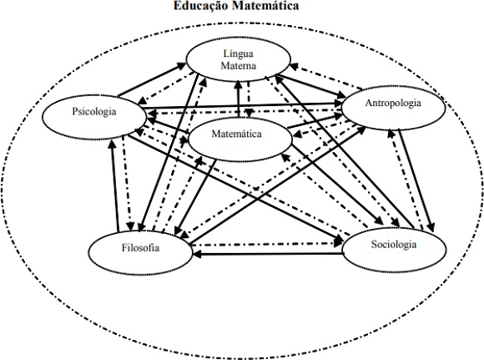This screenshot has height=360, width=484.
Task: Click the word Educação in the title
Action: (202, 7)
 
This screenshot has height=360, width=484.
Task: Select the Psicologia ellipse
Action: (93, 112)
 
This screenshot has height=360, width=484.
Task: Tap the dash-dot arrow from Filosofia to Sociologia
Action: (267, 245)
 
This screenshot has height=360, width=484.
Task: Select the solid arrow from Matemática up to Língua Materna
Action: (238, 99)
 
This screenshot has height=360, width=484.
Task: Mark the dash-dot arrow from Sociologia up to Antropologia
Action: (401, 175)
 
